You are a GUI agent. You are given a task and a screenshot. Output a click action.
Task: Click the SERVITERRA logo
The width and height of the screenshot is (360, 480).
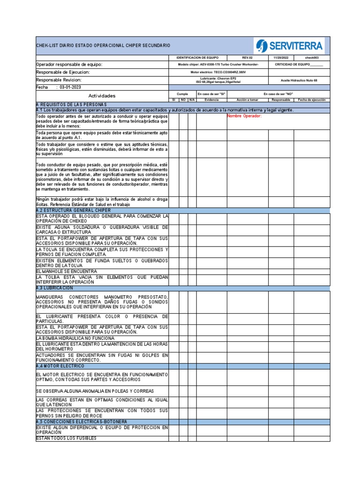290,46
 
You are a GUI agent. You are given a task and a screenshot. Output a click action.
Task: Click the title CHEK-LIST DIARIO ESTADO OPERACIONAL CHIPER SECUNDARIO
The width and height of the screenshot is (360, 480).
103,45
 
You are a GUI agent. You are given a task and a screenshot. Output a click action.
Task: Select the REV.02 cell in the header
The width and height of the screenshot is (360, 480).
247,57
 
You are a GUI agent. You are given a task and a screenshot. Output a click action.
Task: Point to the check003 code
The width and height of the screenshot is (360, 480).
312,57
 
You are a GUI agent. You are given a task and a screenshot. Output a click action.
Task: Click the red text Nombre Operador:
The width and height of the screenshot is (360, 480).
244,116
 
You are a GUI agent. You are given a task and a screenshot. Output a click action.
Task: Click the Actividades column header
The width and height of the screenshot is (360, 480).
102,96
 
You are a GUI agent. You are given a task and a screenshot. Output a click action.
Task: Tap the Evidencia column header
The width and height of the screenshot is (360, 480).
211,100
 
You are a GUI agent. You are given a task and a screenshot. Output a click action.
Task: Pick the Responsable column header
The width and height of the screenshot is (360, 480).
281,100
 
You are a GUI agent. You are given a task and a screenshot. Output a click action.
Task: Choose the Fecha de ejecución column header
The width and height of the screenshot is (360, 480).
312,100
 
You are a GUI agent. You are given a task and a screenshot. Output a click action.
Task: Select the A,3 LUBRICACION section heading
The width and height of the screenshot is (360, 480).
55,288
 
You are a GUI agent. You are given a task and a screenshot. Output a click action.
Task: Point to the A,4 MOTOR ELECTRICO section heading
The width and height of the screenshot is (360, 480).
60,366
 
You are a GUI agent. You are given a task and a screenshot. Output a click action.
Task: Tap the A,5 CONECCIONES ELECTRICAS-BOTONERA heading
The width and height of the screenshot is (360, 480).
81,422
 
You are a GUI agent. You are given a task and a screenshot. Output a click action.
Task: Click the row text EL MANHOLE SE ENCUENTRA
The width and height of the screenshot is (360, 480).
67,271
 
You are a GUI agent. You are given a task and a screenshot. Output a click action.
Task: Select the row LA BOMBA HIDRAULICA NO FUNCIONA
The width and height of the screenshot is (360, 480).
75,338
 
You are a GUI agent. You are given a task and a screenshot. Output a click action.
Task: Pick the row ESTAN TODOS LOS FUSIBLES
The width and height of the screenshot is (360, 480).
66,438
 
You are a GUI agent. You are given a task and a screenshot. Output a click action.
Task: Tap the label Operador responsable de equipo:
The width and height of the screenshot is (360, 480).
69,64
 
